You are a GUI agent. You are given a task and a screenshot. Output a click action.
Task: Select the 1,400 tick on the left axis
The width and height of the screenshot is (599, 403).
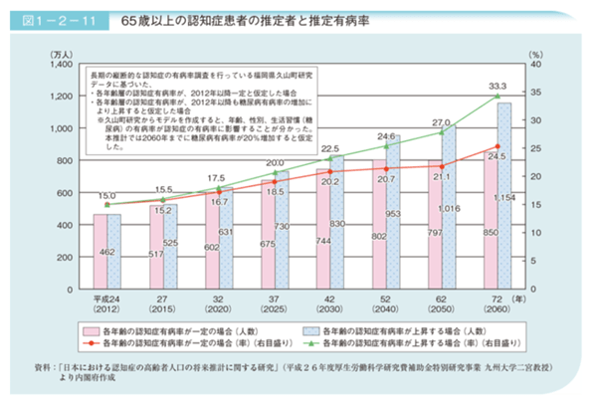coord(58,63)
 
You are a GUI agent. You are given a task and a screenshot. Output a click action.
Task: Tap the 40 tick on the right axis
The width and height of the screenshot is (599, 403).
coord(534,63)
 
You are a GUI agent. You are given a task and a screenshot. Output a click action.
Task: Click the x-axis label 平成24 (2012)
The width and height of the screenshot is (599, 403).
coord(106,302)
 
